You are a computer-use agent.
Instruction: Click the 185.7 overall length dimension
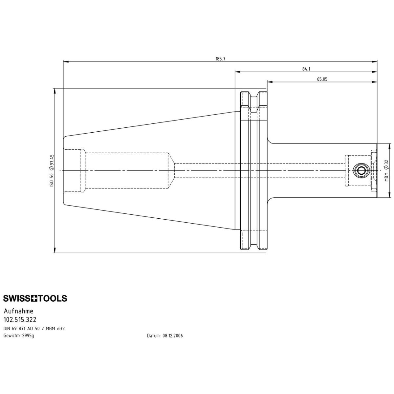220,59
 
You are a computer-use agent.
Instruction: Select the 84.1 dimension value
306,69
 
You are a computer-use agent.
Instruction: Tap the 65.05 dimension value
322,79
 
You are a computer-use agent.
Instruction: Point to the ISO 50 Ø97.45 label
52,170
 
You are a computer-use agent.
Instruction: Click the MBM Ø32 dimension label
386,170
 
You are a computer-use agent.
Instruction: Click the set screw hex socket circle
361,170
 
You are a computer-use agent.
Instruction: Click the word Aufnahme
18,311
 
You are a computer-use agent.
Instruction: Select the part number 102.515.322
20,319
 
